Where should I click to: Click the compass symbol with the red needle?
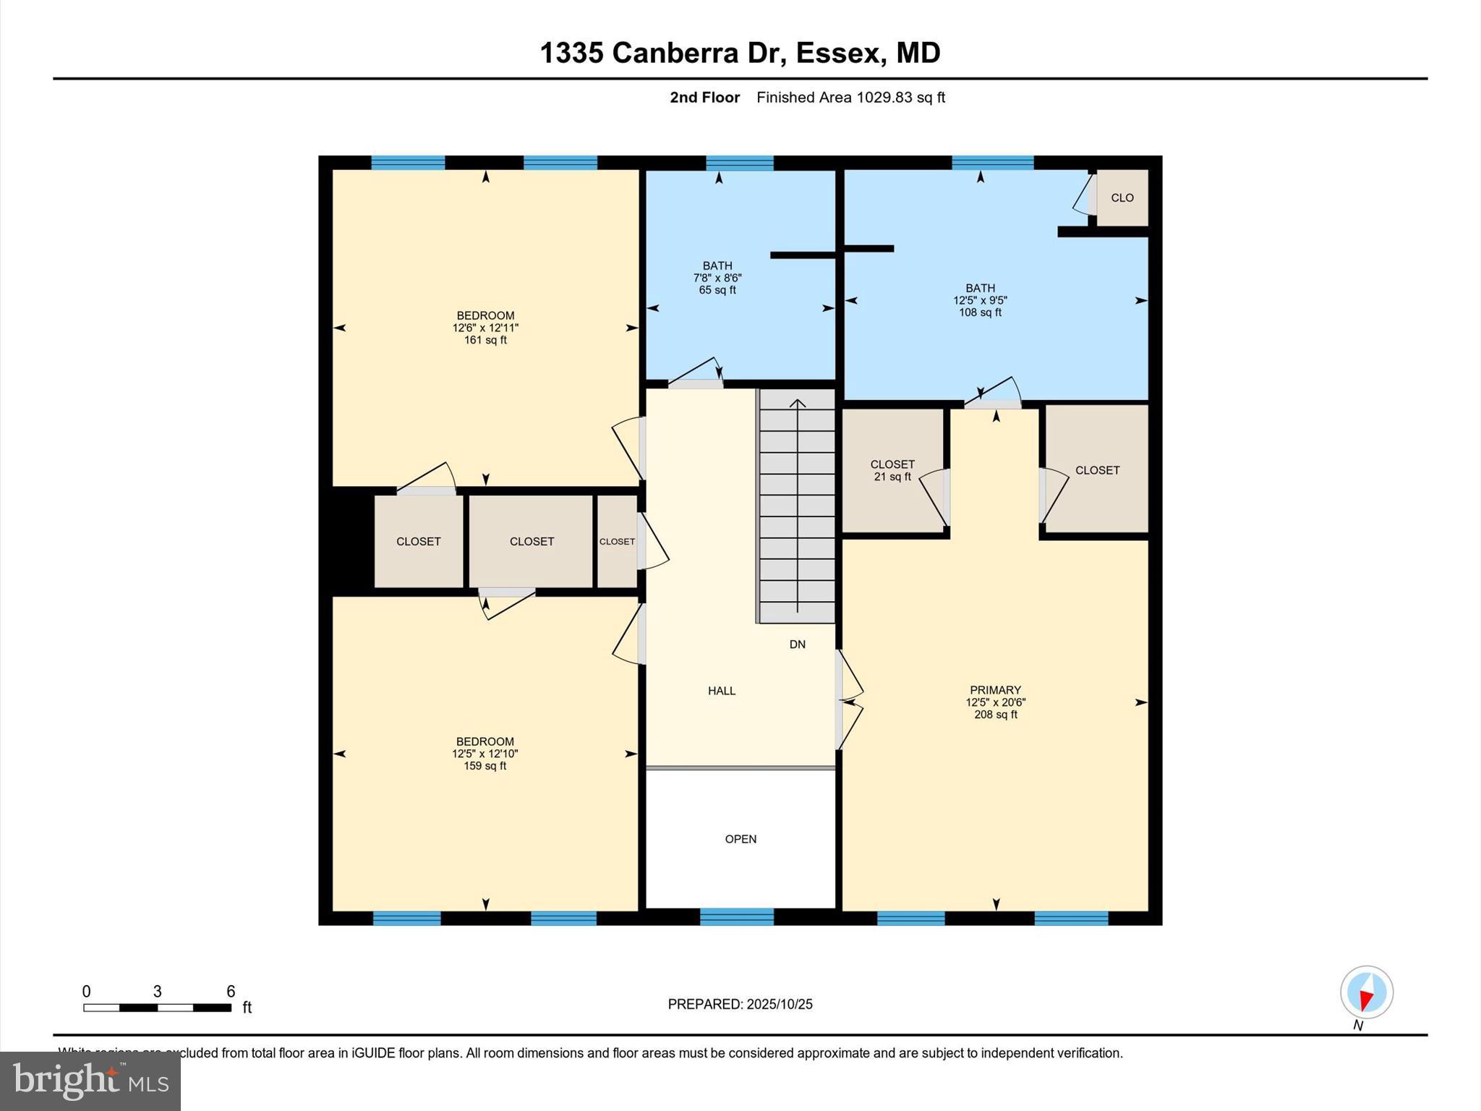tap(1366, 992)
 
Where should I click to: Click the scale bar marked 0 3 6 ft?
tap(157, 1007)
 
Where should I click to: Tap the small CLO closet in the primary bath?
tap(1122, 197)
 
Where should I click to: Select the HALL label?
tap(721, 691)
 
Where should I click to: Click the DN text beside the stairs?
tap(797, 644)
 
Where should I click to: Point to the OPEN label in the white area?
tap(740, 839)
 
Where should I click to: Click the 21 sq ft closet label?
tap(892, 470)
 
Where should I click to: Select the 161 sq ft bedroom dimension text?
tap(485, 328)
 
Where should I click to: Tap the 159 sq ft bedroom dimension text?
tap(485, 754)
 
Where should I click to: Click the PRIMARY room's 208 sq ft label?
tap(995, 702)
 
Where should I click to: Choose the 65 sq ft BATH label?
tap(717, 278)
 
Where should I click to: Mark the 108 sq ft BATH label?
tap(980, 300)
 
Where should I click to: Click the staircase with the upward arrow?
tap(797, 506)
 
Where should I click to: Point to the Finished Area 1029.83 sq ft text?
tap(850, 98)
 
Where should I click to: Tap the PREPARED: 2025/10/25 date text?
tap(740, 1004)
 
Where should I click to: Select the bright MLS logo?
tap(90, 1081)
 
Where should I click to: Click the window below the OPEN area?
tap(736, 917)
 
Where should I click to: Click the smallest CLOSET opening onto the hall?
tap(617, 541)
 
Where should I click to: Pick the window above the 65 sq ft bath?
tap(739, 163)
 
